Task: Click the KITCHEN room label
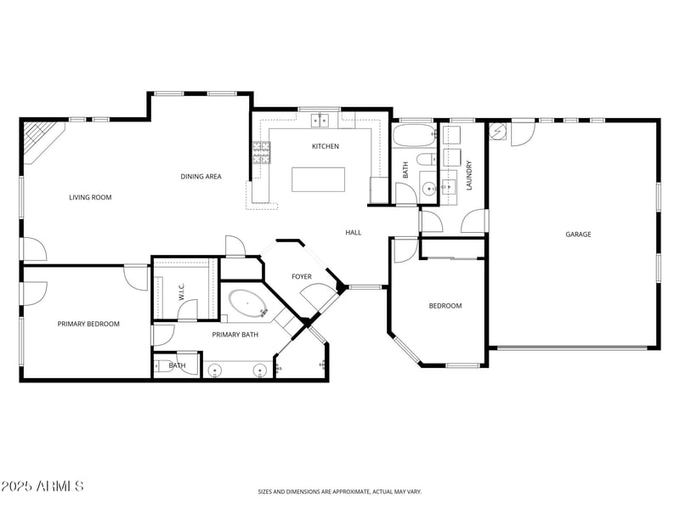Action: click(x=325, y=146)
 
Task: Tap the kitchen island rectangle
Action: click(x=319, y=179)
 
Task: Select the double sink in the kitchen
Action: click(x=320, y=121)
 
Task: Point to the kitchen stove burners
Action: click(x=261, y=153)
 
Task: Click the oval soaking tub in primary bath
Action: click(x=247, y=303)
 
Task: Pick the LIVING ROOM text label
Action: click(x=90, y=197)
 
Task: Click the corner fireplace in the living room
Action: click(x=37, y=138)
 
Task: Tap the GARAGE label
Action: click(x=578, y=235)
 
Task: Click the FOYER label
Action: click(x=301, y=277)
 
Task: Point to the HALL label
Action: click(x=353, y=232)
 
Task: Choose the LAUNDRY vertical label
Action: click(x=468, y=174)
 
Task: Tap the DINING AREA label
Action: click(x=201, y=177)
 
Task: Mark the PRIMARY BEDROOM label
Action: click(x=88, y=324)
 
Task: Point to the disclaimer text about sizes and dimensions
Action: click(x=339, y=491)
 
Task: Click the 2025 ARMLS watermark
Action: click(x=42, y=487)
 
